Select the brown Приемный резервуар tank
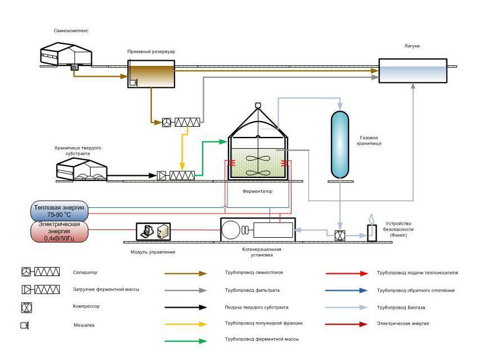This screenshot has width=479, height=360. point(151,75)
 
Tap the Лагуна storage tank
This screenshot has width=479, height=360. point(412,72)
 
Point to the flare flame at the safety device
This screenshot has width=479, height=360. point(371,219)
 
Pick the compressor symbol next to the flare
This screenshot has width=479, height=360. point(339,236)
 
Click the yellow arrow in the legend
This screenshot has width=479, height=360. point(186,323)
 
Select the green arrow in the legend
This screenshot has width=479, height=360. point(186,340)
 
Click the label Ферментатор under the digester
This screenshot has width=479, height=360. point(257,192)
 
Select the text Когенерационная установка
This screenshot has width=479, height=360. point(258,252)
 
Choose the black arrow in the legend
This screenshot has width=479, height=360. point(186,307)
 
